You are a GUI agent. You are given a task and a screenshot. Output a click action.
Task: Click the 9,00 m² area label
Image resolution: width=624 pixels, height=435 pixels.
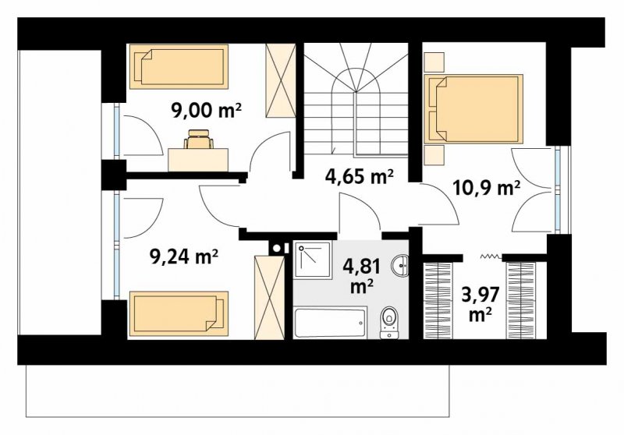pos(206,111)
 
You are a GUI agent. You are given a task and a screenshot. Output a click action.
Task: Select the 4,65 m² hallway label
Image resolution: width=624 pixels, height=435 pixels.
pos(360,176)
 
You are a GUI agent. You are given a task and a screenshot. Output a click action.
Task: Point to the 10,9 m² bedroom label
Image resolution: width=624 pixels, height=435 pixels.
pos(487,187)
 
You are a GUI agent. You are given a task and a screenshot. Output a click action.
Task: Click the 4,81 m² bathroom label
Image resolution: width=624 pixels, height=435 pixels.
pos(361,275)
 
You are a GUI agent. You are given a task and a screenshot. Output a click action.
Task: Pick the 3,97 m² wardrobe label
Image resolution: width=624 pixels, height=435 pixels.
pos(480,304)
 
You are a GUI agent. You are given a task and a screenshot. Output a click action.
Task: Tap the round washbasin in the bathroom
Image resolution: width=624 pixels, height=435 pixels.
pos(399,266)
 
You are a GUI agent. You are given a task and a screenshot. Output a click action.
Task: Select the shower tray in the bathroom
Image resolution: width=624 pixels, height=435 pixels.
pos(314,260)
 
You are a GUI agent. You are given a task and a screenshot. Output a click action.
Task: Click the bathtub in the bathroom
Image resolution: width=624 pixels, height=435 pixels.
pos(331,322)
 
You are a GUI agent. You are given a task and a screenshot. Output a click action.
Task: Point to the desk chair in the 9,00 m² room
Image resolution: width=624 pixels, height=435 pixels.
pos(198,140)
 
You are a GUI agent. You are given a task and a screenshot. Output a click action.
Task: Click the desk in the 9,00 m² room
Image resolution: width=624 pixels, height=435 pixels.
pos(198,160)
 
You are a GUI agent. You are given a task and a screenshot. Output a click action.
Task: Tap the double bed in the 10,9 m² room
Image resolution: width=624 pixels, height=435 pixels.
pos(473,108)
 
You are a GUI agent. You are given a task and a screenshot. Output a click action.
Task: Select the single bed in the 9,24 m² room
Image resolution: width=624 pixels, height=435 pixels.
pos(179,313)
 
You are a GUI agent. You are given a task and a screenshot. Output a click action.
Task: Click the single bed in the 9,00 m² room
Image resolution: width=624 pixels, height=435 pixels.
pos(179,66)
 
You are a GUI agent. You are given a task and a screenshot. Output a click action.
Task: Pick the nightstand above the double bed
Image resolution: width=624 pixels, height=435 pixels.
pos(434,62)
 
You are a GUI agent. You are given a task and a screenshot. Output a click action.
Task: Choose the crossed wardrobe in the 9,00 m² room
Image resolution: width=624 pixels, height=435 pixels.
pos(281,81)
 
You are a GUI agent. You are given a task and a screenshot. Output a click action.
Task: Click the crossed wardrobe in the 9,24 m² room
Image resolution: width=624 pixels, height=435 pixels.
pos(269,298)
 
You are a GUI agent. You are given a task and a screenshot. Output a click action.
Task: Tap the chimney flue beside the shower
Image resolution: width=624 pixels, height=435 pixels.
pos(277,248)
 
